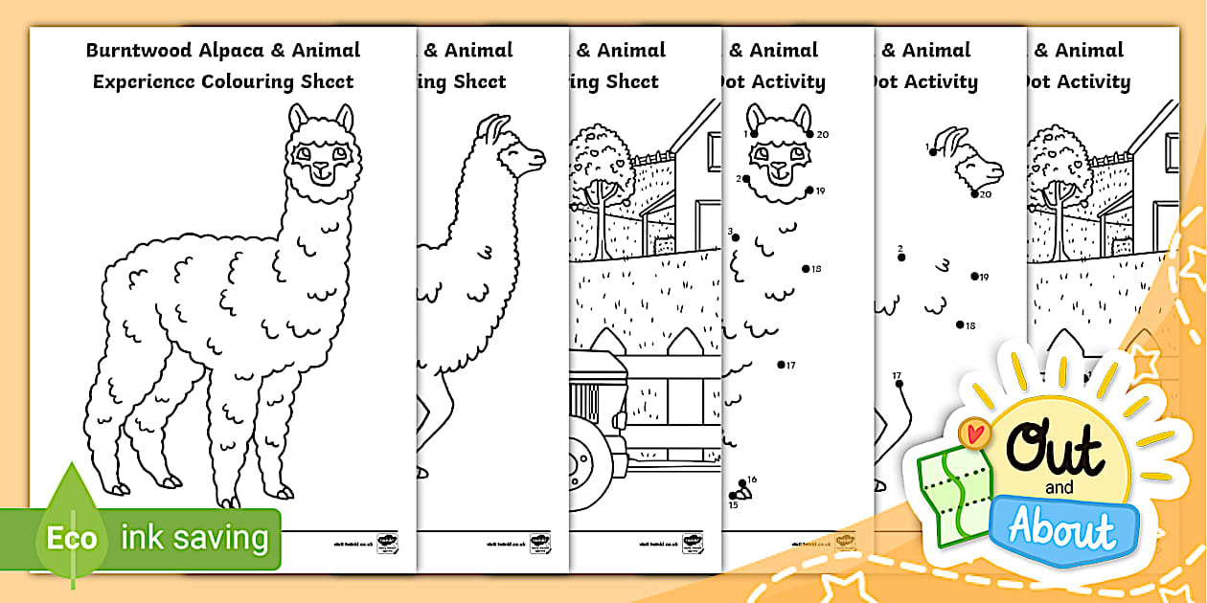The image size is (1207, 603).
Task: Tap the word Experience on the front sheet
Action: pyautogui.click(x=144, y=81)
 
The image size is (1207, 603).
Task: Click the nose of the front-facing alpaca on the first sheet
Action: pyautogui.click(x=320, y=167)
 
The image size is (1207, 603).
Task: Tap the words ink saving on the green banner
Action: pyautogui.click(x=194, y=537)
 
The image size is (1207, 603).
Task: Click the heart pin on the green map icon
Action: pyautogui.click(x=975, y=434)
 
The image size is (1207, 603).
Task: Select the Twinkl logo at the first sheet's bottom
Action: pyautogui.click(x=388, y=543)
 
